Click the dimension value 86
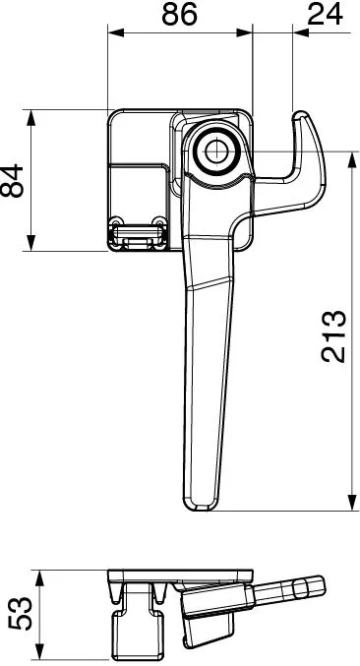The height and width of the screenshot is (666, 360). pos(180,14)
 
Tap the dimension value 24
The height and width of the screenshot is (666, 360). pos(325,14)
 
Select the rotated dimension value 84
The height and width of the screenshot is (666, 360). pos(12,180)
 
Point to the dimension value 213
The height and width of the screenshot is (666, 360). pos(333,336)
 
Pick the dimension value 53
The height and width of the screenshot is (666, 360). pos(20,613)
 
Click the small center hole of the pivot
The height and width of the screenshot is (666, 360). pos(216,151)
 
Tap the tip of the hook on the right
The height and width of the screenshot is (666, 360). pos(301,114)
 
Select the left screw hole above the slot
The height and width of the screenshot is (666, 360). pos(115,221)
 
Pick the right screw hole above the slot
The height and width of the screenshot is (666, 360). pos(158,221)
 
